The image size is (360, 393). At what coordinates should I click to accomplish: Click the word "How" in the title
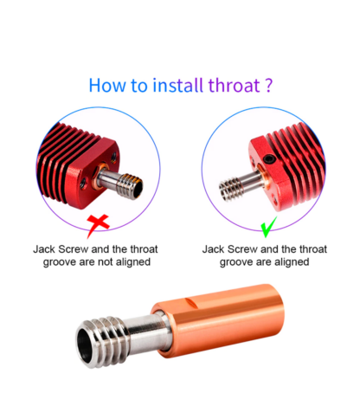click(106, 86)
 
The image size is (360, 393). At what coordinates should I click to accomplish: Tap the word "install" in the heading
click(177, 86)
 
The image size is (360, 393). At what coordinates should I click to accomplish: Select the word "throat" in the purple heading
click(234, 86)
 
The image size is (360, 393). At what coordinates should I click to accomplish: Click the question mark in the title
click(268, 86)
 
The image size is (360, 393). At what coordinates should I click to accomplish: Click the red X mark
click(97, 225)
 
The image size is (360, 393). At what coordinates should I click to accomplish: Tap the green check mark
click(268, 227)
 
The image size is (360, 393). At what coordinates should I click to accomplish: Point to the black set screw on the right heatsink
click(270, 158)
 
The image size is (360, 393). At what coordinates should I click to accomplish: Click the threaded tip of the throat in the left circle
click(131, 186)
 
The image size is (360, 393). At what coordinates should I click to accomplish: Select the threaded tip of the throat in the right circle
click(230, 189)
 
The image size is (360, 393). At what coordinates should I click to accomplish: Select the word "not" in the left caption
click(106, 262)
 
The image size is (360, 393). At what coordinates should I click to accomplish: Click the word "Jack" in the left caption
click(44, 249)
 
